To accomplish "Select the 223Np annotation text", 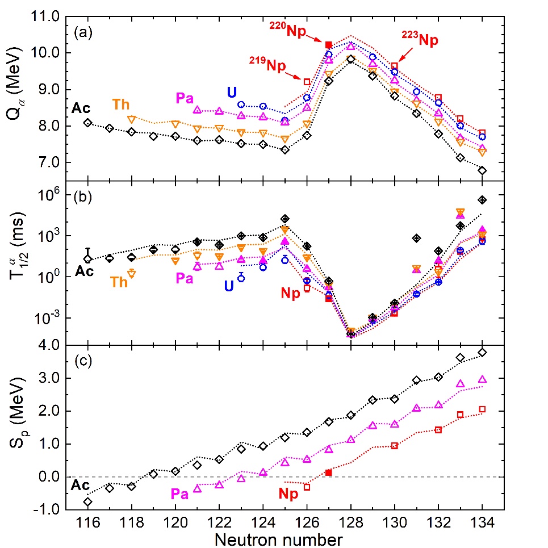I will tap(421, 41).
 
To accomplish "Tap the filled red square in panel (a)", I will tap(328, 45).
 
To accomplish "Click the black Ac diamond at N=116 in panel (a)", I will tap(87, 123).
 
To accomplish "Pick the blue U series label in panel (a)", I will tap(232, 93).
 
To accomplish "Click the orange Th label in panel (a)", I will tap(121, 105).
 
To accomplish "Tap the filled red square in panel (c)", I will tap(328, 472).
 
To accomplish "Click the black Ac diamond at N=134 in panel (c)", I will tap(482, 353).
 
